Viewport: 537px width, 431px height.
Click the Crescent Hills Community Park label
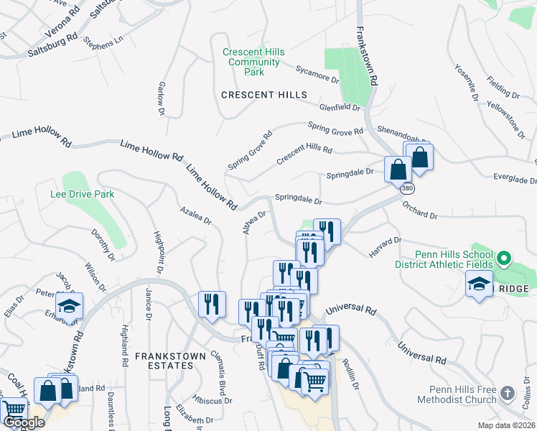253,62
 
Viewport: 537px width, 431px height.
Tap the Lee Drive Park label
82,194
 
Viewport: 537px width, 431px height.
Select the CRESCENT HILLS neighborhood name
263,95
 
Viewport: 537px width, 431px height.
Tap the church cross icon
508,393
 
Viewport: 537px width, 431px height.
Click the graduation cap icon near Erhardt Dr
70,306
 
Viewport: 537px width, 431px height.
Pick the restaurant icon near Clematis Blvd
212,303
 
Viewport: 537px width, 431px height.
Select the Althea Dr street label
255,221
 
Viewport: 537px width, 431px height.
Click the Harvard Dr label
385,247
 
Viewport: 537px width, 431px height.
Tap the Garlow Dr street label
160,98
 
